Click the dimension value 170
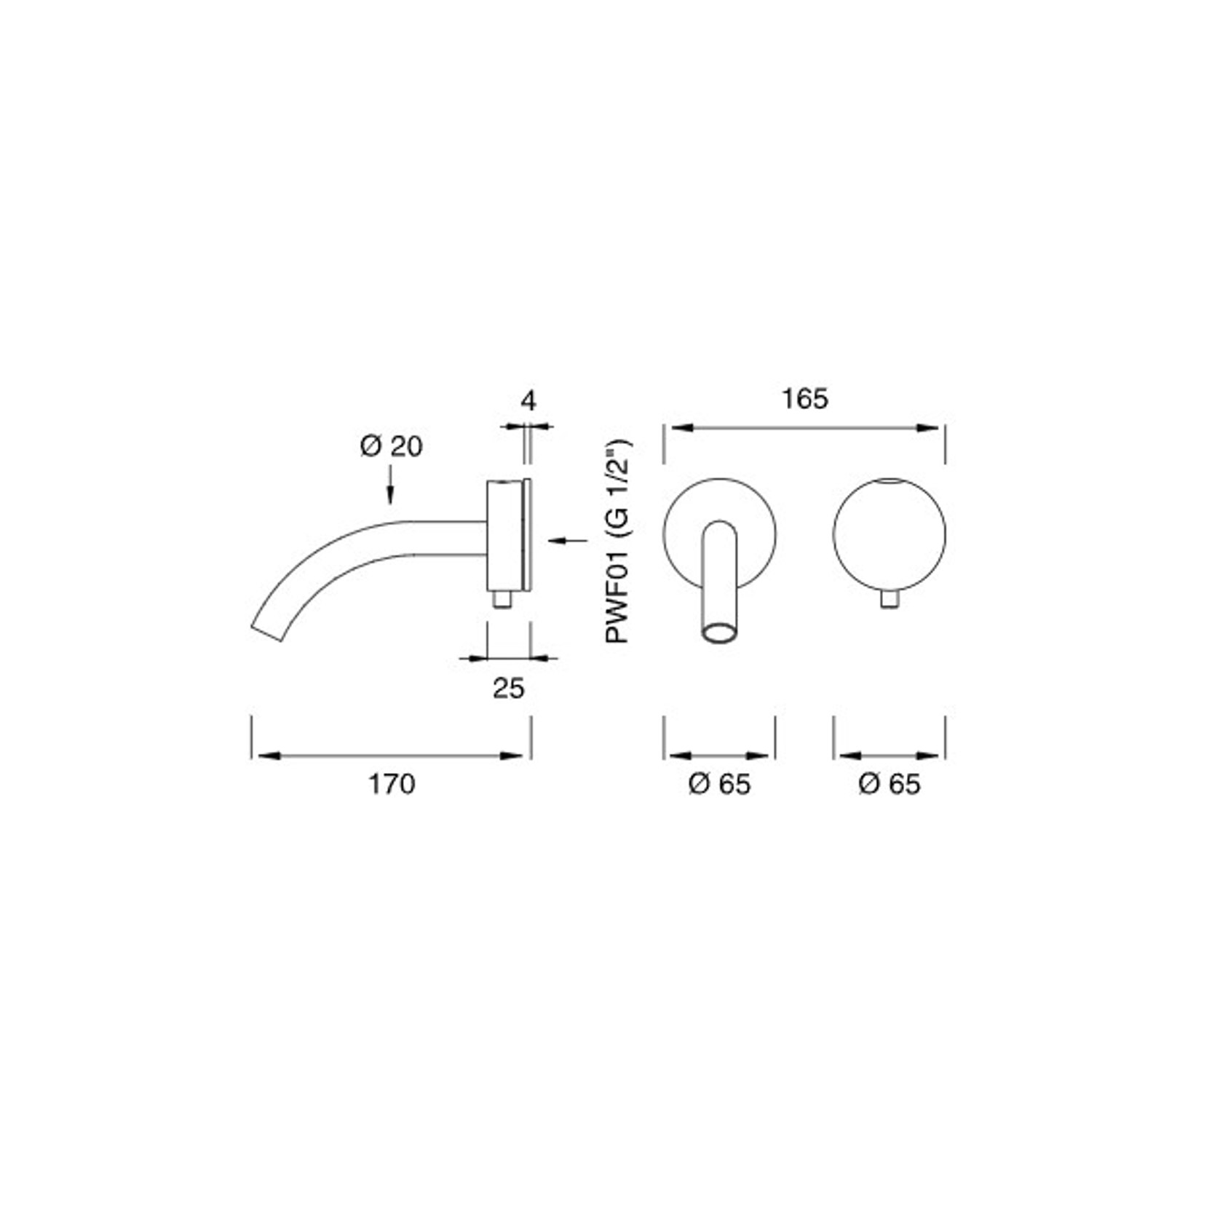point(391,784)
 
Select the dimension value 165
point(804,399)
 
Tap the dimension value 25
point(508,688)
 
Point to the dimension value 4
point(528,401)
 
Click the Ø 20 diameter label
point(391,446)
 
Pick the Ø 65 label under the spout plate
point(719,784)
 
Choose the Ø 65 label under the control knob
point(890,784)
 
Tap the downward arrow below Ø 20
point(391,484)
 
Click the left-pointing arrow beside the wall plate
point(568,540)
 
